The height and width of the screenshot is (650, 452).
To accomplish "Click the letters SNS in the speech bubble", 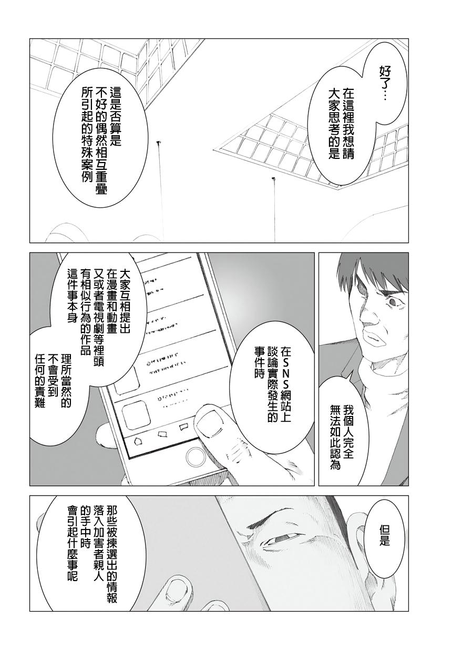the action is pyautogui.click(x=285, y=378).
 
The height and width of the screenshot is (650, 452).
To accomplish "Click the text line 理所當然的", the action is pyautogui.click(x=66, y=381).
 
